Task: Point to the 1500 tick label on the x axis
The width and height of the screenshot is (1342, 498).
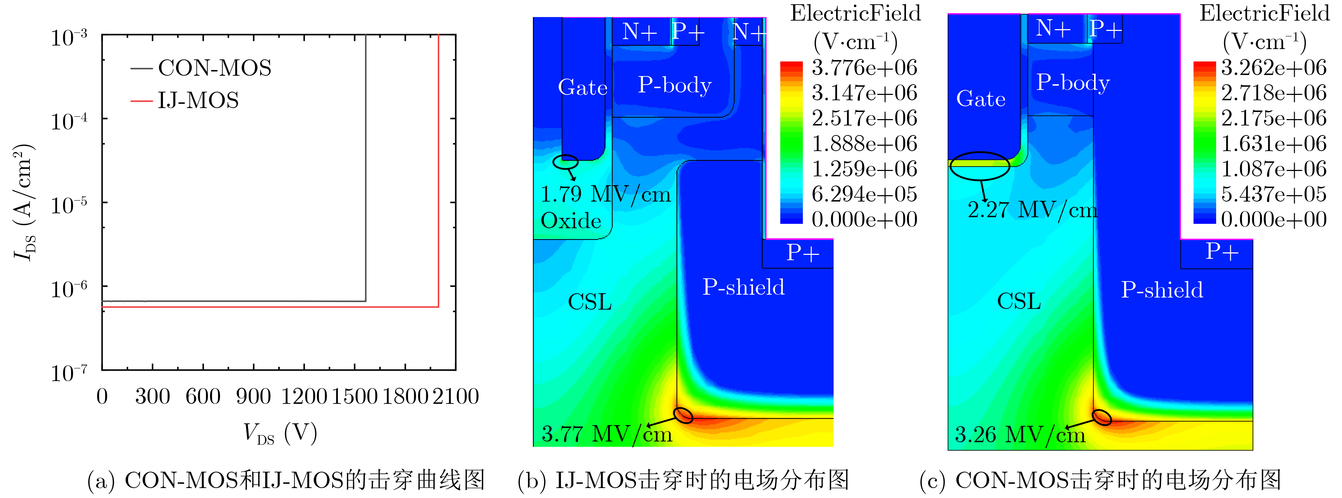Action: coord(354,396)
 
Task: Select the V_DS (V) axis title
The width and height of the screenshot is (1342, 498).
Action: coord(280,433)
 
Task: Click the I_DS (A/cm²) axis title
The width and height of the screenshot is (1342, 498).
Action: coord(24,202)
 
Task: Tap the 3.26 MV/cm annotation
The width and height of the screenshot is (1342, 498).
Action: coord(1020,434)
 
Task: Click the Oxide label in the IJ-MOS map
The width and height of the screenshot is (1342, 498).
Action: coord(571,221)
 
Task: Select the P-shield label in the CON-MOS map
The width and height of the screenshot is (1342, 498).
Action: coord(1162,290)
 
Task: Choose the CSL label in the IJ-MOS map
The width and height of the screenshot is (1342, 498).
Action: coord(589,301)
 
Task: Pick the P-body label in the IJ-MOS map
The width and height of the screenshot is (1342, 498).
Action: coord(675,85)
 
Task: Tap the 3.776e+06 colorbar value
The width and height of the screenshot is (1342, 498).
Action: coord(864,68)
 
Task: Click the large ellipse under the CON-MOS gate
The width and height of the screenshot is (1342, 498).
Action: coord(980,166)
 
